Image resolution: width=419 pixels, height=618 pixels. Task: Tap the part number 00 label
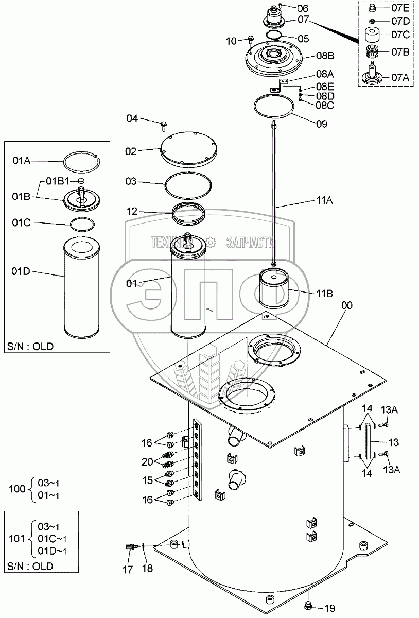[x=347, y=305]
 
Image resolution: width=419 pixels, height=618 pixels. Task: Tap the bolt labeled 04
[x=163, y=124]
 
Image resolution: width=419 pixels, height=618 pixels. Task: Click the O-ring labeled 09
[x=275, y=108]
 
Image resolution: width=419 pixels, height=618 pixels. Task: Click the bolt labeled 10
[x=251, y=39]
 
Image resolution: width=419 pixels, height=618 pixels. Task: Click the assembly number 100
[x=17, y=489]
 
